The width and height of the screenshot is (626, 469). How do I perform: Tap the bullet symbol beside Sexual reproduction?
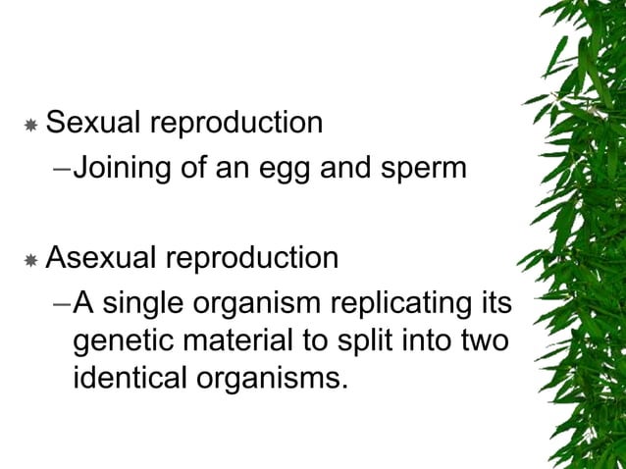click(x=30, y=126)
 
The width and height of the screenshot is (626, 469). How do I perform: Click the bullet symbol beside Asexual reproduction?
click(x=30, y=260)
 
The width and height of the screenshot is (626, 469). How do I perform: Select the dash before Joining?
click(x=61, y=169)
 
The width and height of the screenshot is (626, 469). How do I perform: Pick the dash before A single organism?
click(x=61, y=303)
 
